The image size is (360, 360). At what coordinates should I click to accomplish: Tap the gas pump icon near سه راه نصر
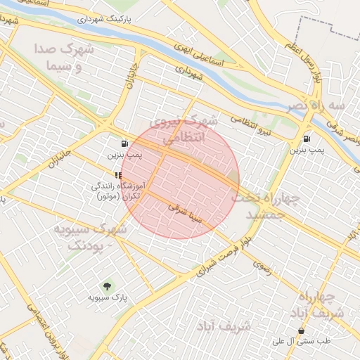[307, 139]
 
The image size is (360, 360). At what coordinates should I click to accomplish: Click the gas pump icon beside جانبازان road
[124, 143]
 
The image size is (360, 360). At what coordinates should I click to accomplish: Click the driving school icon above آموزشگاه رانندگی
[117, 174]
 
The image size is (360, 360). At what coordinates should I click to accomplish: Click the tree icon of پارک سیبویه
[108, 286]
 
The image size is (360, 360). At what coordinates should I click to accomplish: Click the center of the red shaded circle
[180, 180]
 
